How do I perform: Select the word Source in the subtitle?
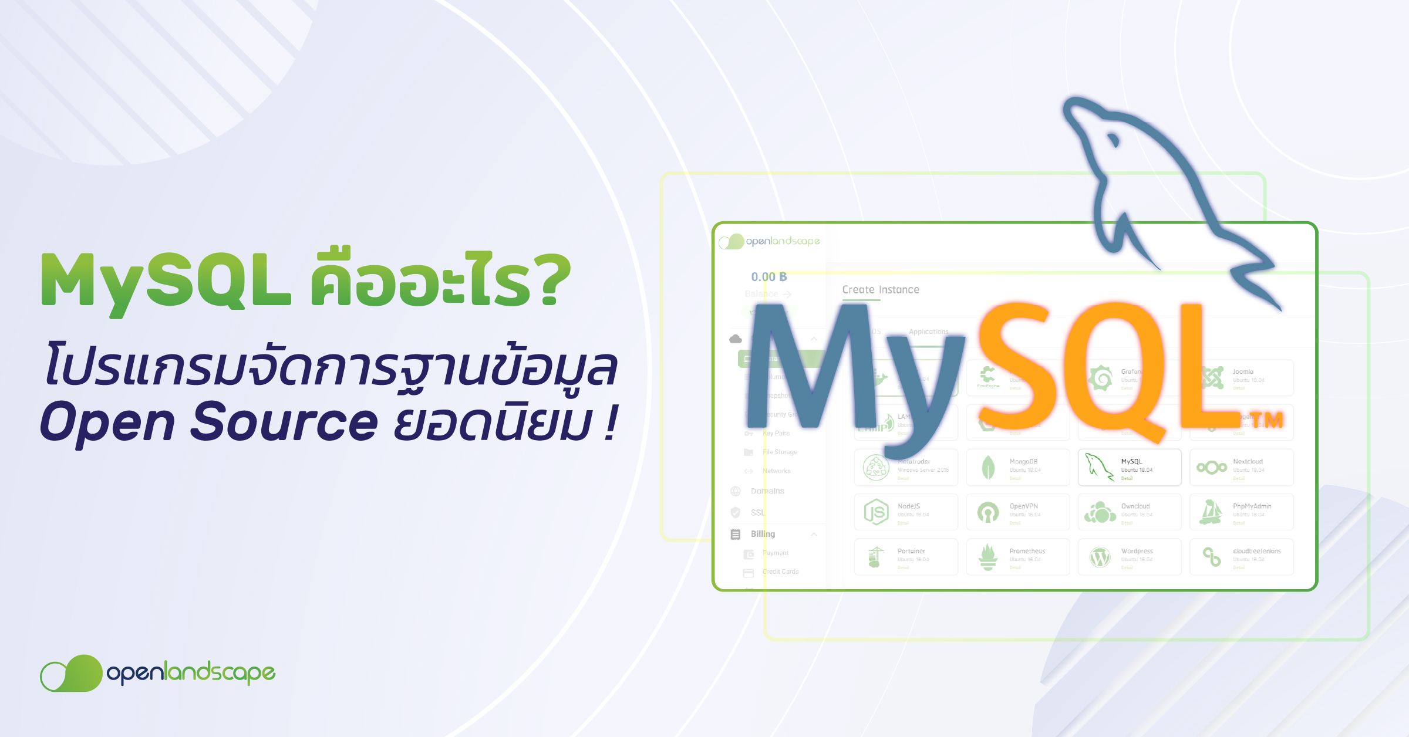(x=284, y=421)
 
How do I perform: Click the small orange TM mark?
(x=1266, y=420)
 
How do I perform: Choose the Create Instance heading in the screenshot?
(x=881, y=290)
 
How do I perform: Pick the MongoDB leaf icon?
(x=988, y=468)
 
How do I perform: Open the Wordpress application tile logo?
(x=1100, y=557)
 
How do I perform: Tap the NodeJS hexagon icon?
(x=876, y=512)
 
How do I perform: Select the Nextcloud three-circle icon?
(x=1212, y=467)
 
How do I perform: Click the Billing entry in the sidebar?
(x=763, y=534)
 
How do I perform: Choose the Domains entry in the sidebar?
(x=767, y=491)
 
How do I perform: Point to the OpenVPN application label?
(x=1024, y=506)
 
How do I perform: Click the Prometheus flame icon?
(x=988, y=556)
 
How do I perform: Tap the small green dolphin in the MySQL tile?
(x=1098, y=466)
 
